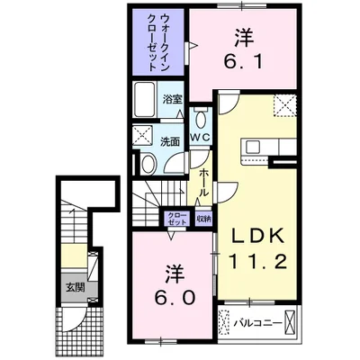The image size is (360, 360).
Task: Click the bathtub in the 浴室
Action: pos(144,100)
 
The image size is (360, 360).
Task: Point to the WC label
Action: pos(199,137)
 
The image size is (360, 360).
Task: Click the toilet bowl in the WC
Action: pos(200,119)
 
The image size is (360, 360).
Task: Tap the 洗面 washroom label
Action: pos(171,141)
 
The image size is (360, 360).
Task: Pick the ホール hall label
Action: pos(205,179)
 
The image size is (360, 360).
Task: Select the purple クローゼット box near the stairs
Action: pos(175,217)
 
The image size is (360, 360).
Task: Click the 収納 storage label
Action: pos(202,217)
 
